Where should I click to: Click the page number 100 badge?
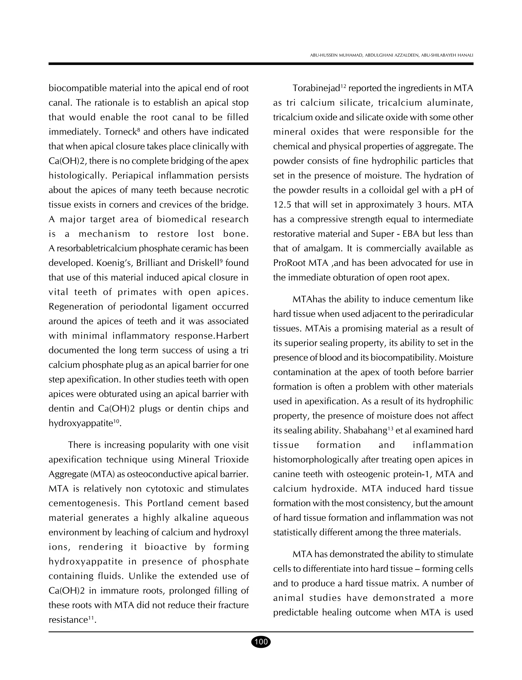[261, 642]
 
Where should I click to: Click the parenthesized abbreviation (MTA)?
[103, 474]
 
